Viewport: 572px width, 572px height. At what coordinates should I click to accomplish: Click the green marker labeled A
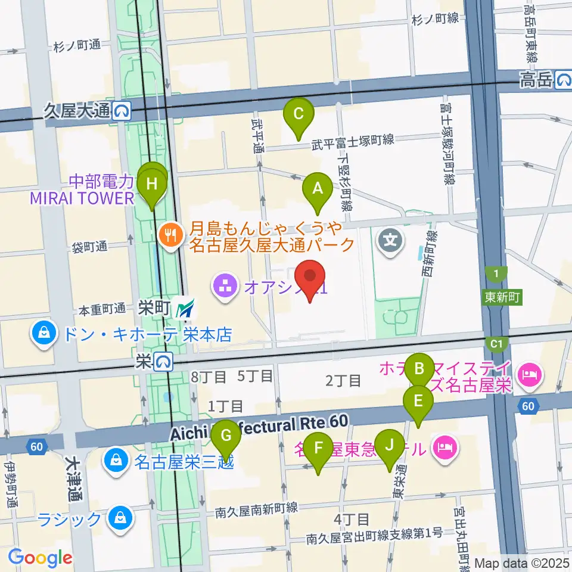(x=318, y=189)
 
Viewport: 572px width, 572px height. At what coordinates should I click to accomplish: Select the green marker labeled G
(x=226, y=436)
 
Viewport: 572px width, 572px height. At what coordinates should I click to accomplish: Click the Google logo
(x=41, y=558)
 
